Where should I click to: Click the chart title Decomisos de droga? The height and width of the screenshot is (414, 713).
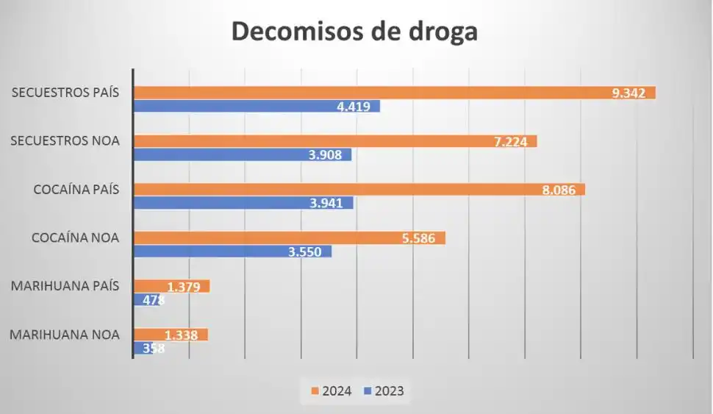tap(355, 33)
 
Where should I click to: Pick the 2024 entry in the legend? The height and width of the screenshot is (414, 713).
tap(332, 391)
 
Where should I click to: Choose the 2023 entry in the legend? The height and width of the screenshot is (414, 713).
tap(384, 391)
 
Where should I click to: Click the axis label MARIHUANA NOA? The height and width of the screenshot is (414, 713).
tap(65, 335)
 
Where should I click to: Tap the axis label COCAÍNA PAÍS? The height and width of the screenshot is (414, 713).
tap(76, 190)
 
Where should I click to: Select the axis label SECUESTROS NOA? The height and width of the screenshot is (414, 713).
tap(65, 141)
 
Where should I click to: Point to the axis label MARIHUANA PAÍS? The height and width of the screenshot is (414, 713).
tap(65, 286)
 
